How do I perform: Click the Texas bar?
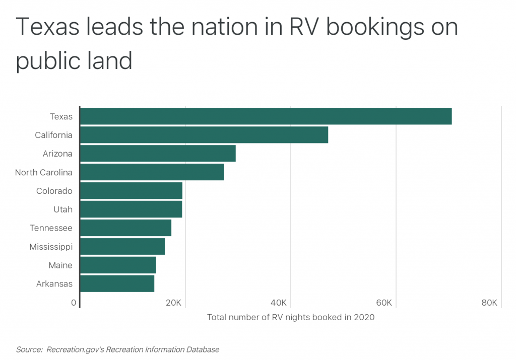tap(266, 116)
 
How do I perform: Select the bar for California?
tap(204, 135)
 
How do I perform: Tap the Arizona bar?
tap(158, 154)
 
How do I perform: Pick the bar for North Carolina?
tap(152, 172)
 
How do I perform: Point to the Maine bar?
tap(118, 265)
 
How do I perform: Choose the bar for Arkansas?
tap(117, 283)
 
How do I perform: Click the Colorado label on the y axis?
tap(54, 191)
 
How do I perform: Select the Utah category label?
tap(63, 209)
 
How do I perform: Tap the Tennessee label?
tap(51, 228)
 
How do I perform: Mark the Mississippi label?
tap(51, 247)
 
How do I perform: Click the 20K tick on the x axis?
tap(173, 303)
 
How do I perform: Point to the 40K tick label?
tap(279, 303)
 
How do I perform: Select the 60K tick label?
tap(384, 303)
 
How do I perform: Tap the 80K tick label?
tap(489, 303)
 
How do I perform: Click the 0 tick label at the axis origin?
tap(74, 303)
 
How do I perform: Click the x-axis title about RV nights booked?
tap(291, 317)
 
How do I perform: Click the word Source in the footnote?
tap(28, 349)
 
